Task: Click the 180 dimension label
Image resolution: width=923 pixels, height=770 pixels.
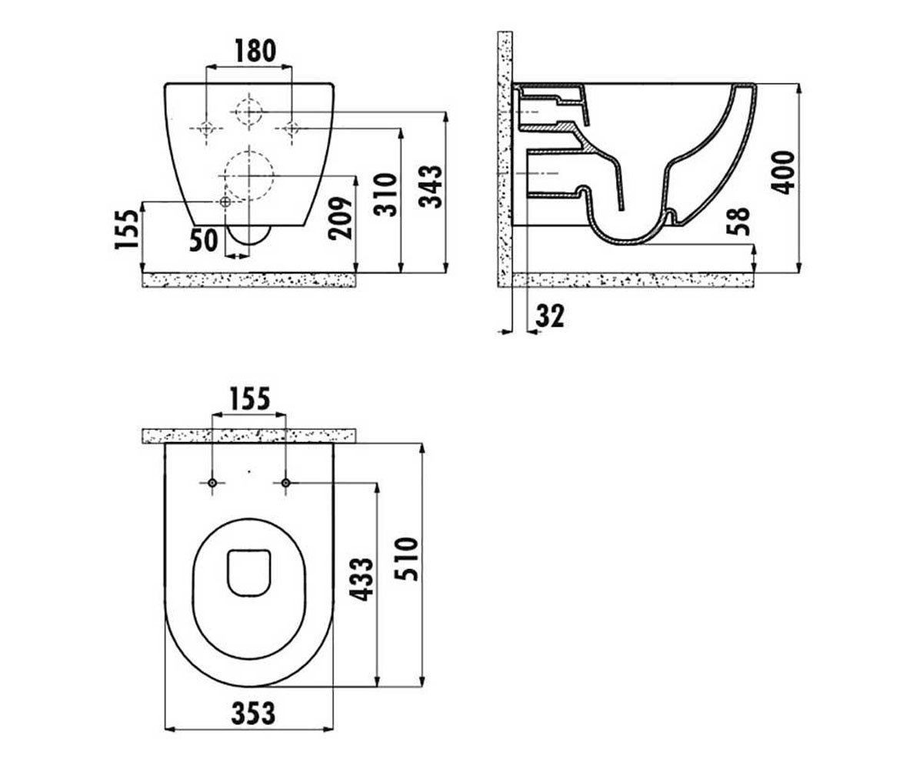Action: (x=255, y=51)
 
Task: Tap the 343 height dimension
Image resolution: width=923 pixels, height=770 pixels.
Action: (x=431, y=187)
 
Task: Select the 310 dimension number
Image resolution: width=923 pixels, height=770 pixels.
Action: (x=385, y=194)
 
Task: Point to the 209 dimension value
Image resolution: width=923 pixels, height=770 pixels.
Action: (x=341, y=218)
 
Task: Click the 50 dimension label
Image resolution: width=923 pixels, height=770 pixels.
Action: (x=204, y=241)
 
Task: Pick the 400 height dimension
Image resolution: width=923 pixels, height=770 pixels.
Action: (x=783, y=172)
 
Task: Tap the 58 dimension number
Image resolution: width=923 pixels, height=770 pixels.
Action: (x=738, y=221)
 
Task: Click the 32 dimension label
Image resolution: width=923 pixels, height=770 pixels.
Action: (x=550, y=316)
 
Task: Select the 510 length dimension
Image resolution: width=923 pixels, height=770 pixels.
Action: (x=407, y=559)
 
